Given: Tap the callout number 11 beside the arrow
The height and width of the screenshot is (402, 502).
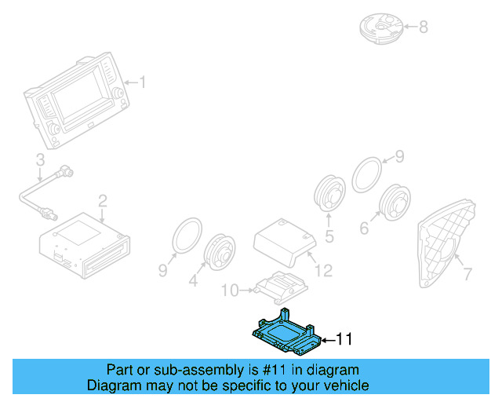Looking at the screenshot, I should [x=344, y=339].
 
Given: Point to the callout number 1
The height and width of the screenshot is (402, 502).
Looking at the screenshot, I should [x=143, y=82].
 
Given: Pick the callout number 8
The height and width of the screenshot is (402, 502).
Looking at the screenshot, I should [x=423, y=27].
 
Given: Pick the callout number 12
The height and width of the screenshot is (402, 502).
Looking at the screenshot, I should [x=323, y=271].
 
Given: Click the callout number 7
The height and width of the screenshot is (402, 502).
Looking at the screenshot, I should [x=467, y=274].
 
